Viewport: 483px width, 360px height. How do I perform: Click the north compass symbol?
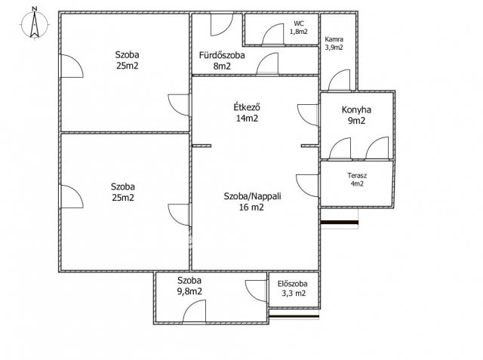click(35, 23)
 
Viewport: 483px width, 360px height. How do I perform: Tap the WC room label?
click(299, 23)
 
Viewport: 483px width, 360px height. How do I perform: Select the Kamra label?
click(334, 39)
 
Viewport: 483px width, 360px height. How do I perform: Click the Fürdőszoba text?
click(222, 55)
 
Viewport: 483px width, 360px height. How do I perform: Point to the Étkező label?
click(247, 107)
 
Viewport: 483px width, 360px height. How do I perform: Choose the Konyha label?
click(356, 109)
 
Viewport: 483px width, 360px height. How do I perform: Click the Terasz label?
click(357, 176)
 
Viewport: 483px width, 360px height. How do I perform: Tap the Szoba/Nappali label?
click(252, 196)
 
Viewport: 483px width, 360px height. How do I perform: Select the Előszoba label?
click(292, 284)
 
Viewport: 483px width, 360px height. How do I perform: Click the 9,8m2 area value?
click(189, 291)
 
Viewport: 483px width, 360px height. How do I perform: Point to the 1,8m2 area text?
click(299, 32)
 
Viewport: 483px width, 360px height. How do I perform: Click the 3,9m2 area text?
click(334, 48)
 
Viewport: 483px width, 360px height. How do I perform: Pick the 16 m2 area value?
click(251, 208)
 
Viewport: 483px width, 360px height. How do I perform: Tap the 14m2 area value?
click(247, 118)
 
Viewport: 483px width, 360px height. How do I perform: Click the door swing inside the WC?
click(272, 34)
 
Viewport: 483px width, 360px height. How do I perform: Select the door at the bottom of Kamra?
click(339, 80)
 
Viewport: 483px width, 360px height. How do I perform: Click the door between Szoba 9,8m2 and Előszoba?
click(257, 291)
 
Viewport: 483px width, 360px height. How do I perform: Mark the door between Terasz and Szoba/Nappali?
click(307, 186)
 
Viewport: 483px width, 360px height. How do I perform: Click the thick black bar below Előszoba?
click(294, 316)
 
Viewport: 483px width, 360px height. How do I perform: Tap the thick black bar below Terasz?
click(340, 223)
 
